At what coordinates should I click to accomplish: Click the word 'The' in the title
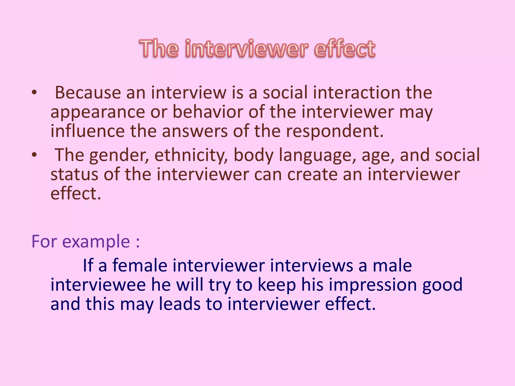159,48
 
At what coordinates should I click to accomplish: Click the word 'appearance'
98,112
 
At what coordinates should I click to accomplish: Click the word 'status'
74,174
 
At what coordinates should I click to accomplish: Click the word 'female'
140,265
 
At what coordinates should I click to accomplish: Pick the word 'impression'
373,285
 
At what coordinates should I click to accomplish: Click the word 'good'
442,285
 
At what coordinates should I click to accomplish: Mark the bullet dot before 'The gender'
34,155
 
